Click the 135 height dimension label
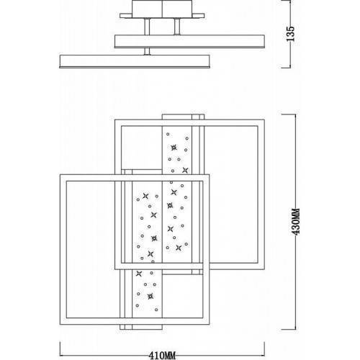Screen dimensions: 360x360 [290, 33]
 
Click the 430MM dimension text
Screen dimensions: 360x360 [297, 222]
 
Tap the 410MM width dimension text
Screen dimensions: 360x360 [162, 356]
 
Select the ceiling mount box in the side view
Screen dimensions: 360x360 [162, 9]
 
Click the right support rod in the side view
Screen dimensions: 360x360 [177, 27]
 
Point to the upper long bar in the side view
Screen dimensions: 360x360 [189, 41]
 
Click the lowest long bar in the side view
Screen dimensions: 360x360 [135, 61]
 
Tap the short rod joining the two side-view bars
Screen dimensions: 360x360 [147, 51]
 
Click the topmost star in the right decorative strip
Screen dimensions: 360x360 [174, 148]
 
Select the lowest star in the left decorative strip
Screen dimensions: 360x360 [150, 297]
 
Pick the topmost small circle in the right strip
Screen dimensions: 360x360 [168, 134]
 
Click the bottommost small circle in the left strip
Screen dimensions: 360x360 [156, 310]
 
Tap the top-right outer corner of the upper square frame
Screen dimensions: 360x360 [264, 120]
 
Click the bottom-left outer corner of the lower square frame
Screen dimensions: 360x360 [60, 325]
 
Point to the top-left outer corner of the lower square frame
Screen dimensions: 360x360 [60, 174]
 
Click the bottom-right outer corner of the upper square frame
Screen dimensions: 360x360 [264, 269]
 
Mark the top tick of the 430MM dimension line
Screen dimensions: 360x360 [289, 114]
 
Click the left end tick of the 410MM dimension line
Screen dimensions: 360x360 [60, 348]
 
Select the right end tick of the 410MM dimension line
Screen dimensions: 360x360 [264, 348]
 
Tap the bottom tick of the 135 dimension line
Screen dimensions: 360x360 [286, 68]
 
